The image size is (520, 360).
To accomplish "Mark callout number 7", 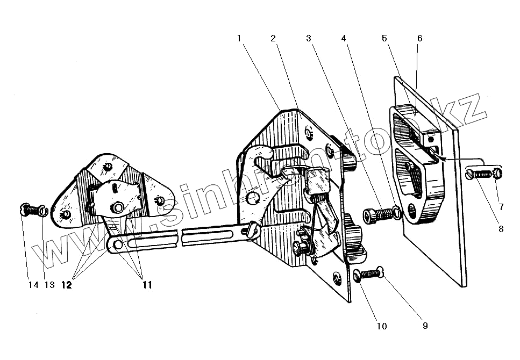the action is [501, 206].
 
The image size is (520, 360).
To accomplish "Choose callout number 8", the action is [501, 228].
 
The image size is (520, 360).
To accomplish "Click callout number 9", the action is [424, 325].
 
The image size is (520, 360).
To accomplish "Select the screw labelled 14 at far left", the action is [28, 210].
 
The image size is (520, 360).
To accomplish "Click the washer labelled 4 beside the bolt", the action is [396, 213].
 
